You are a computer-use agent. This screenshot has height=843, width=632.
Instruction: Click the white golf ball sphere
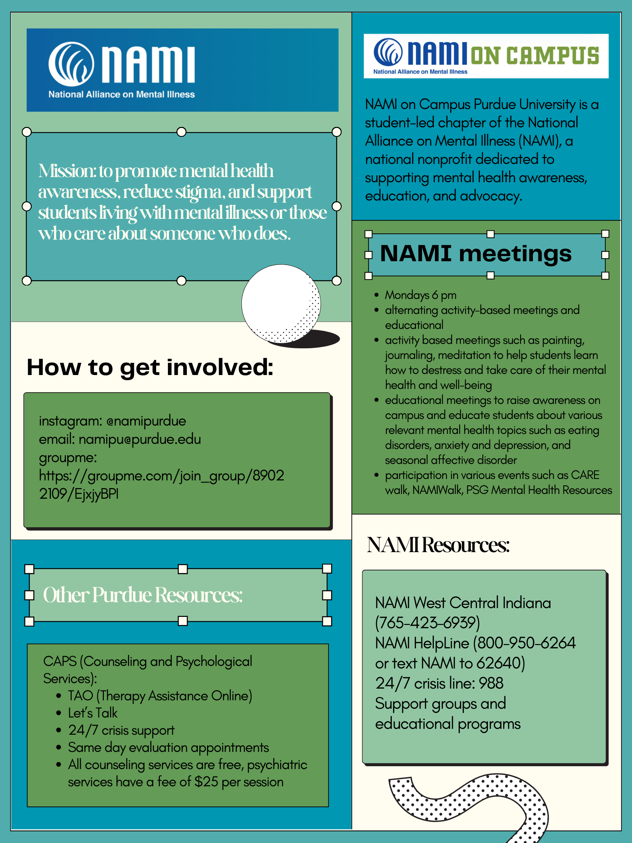[x=281, y=303]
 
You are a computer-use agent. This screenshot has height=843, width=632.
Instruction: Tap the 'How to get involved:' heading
[x=150, y=367]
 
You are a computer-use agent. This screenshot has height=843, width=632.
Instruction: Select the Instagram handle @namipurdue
[x=146, y=421]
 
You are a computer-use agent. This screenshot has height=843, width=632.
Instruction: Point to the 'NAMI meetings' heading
[x=475, y=254]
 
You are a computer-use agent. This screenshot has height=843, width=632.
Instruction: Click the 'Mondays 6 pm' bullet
[x=420, y=295]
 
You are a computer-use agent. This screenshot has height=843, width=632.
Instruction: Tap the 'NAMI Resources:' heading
[x=438, y=545]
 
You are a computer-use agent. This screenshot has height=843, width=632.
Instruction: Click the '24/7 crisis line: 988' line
[x=439, y=683]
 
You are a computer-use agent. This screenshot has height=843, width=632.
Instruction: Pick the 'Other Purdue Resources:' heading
[x=143, y=595]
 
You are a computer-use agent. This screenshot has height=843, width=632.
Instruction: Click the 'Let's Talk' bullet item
[x=93, y=713]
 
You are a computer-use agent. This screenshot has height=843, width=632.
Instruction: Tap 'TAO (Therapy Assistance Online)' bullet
[x=159, y=696]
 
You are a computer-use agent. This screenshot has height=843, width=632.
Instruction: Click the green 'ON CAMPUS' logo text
[x=535, y=56]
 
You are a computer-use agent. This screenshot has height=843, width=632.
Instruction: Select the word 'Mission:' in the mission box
[x=67, y=171]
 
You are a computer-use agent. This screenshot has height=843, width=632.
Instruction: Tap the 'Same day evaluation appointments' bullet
[x=168, y=748]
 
